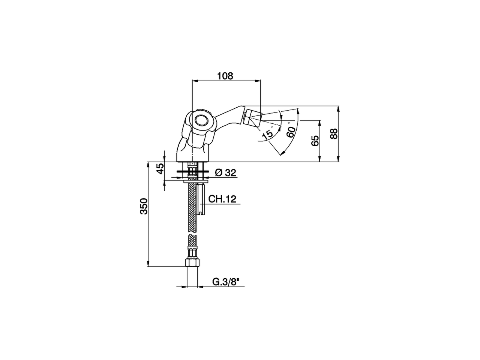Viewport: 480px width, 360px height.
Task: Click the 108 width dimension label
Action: [225, 76]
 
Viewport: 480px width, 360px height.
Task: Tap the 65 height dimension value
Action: [315, 141]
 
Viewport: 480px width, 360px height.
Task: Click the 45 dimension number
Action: [160, 168]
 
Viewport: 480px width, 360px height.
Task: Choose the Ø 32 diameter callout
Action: [226, 172]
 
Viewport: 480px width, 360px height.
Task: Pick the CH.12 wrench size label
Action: [222, 199]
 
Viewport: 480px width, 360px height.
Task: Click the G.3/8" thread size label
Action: [226, 282]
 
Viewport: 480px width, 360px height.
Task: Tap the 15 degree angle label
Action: [267, 135]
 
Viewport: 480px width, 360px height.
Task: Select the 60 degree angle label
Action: [290, 132]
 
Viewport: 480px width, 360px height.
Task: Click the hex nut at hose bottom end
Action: [192, 262]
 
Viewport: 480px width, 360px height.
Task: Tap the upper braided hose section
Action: [192, 202]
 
